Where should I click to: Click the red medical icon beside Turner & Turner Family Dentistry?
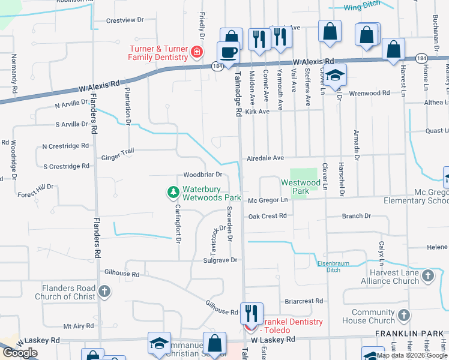pyautogui.click(x=196, y=52)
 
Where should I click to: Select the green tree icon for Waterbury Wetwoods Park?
pyautogui.click(x=173, y=192)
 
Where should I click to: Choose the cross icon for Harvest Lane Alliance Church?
pyautogui.click(x=427, y=276)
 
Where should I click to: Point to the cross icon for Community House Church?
pyautogui.click(x=404, y=316)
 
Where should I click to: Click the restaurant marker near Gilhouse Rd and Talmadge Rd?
pyautogui.click(x=252, y=313)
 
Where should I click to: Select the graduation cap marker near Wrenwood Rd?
pyautogui.click(x=336, y=76)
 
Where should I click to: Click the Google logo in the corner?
pyautogui.click(x=20, y=353)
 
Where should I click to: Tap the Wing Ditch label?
pyautogui.click(x=361, y=8)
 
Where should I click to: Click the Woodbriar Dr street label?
pyautogui.click(x=203, y=175)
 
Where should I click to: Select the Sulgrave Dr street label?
pyautogui.click(x=220, y=260)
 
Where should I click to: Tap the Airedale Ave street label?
pyautogui.click(x=265, y=158)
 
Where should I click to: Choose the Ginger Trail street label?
pyautogui.click(x=118, y=154)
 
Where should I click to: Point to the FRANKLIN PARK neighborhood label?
pyautogui.click(x=409, y=334)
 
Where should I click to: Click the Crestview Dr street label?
pyautogui.click(x=125, y=20)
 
